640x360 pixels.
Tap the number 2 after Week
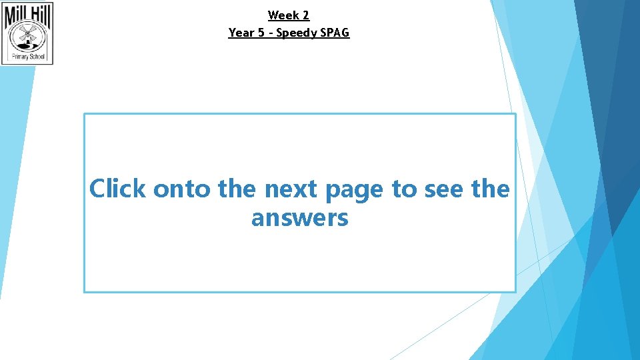pyautogui.click(x=305, y=15)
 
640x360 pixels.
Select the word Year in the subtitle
pyautogui.click(x=241, y=33)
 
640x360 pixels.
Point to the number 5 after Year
pyautogui.click(x=261, y=33)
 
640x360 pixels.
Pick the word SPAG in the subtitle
pyautogui.click(x=335, y=33)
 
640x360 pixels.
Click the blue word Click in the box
pyautogui.click(x=117, y=189)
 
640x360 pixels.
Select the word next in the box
pyautogui.click(x=292, y=189)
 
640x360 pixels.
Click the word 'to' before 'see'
pyautogui.click(x=403, y=189)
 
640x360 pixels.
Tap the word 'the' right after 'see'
pyautogui.click(x=490, y=189)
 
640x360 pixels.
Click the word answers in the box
pyautogui.click(x=299, y=218)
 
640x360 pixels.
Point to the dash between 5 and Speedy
pyautogui.click(x=271, y=33)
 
